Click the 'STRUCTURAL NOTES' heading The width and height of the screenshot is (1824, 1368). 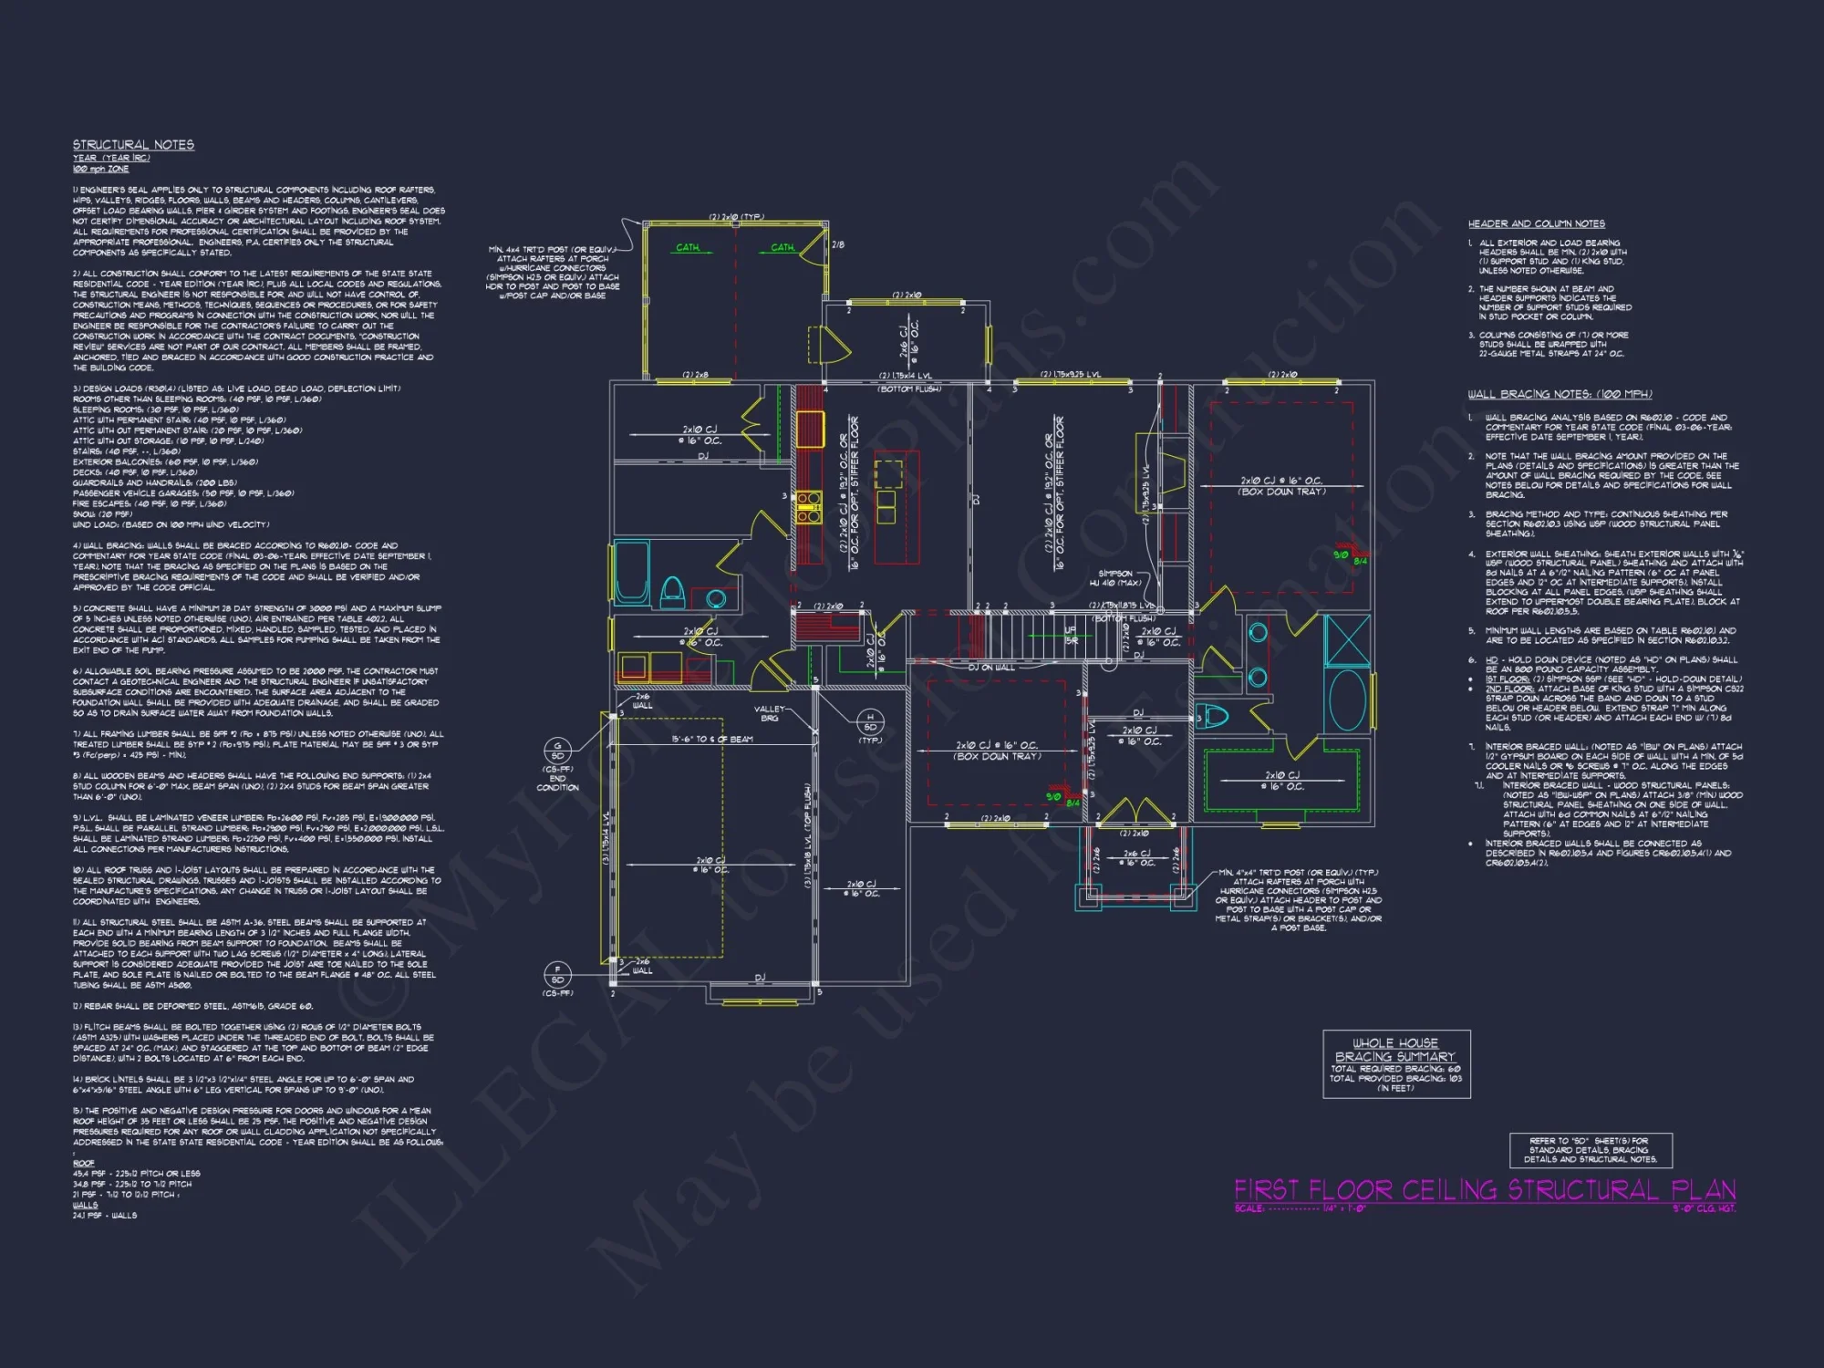[133, 145]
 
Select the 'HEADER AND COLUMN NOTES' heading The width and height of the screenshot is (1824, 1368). [1536, 223]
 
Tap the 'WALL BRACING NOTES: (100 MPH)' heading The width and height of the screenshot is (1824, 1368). [1559, 394]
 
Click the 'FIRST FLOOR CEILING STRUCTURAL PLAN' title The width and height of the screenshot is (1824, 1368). [1484, 1190]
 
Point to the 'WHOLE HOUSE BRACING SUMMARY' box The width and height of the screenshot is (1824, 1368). [1395, 1063]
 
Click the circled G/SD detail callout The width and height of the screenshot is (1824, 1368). [557, 751]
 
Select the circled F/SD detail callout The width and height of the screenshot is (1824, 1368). [557, 974]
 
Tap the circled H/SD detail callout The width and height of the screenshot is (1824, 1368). [870, 722]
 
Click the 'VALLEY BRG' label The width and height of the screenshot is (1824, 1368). [769, 713]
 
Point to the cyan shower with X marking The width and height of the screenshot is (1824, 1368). [1346, 641]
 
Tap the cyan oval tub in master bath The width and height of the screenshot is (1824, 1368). [1347, 700]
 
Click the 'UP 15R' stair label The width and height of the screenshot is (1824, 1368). [1072, 636]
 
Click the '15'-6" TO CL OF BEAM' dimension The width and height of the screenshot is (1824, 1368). [711, 739]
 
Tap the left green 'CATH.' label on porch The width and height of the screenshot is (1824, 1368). [688, 247]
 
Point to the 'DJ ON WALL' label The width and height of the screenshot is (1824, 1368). [990, 668]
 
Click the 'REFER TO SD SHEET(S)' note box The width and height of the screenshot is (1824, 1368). [1589, 1150]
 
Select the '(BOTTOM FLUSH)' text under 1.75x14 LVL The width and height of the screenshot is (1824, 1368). [908, 389]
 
